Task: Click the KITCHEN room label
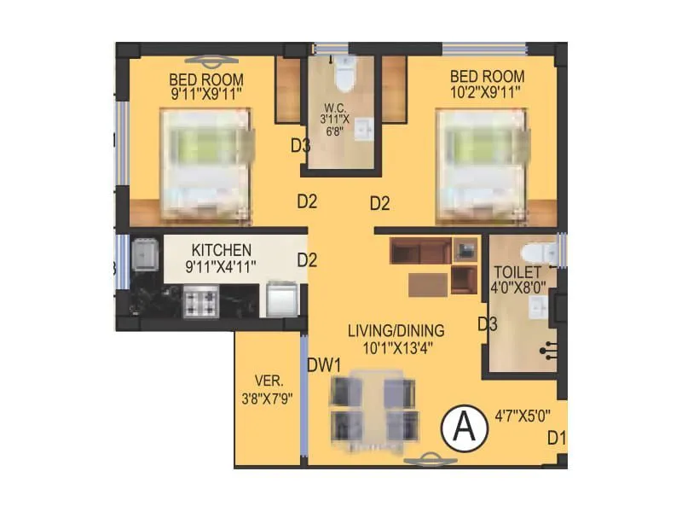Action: coord(221,250)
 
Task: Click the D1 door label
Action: coord(557,439)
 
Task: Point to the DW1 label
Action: coord(324,364)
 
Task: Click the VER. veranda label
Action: coord(268,381)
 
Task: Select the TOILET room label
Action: coord(516,273)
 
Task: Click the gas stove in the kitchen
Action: coord(201,300)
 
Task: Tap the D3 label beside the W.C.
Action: coord(300,146)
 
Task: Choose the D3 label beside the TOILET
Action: coord(487,323)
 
